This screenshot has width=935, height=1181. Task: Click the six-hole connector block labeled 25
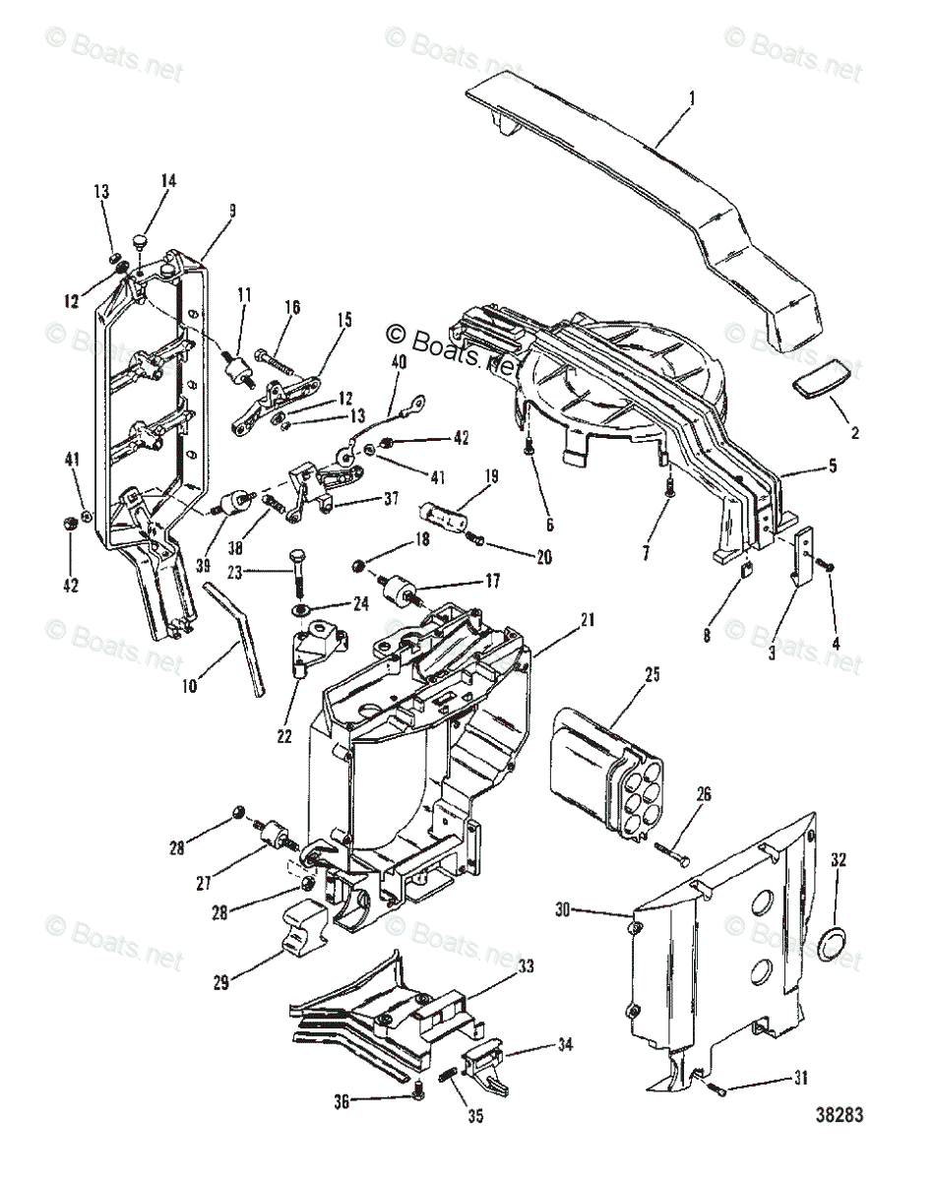[x=600, y=774]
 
